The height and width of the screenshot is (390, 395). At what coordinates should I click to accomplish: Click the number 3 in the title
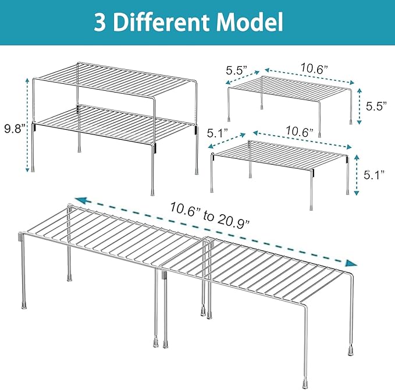pyautogui.click(x=99, y=23)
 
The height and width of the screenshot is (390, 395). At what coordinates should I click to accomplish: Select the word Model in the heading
pyautogui.click(x=250, y=22)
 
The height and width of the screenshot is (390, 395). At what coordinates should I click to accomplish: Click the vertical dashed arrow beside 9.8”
pyautogui.click(x=28, y=125)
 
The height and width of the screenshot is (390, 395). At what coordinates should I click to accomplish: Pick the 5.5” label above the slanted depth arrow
pyautogui.click(x=237, y=70)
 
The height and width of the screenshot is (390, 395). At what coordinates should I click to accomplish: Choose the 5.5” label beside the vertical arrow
pyautogui.click(x=376, y=106)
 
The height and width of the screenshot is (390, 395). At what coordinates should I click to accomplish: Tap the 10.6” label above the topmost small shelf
pyautogui.click(x=314, y=69)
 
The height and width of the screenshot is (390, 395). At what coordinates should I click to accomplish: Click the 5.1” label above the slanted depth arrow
pyautogui.click(x=218, y=133)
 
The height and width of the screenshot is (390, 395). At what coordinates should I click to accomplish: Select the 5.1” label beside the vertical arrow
pyautogui.click(x=374, y=175)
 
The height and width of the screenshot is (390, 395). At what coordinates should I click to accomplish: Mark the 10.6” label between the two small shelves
pyautogui.click(x=299, y=132)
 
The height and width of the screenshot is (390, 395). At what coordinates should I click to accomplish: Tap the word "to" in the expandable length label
pyautogui.click(x=208, y=216)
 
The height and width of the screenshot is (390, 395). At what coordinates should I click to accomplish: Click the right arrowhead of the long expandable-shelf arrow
pyautogui.click(x=351, y=263)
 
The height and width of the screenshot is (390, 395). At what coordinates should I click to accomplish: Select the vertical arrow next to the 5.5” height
pyautogui.click(x=360, y=106)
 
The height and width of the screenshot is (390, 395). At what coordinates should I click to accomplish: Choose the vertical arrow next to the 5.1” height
pyautogui.click(x=356, y=175)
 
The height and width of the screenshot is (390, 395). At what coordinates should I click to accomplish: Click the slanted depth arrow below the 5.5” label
pyautogui.click(x=243, y=77)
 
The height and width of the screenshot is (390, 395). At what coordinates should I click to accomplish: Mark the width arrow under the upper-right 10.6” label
pyautogui.click(x=309, y=76)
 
